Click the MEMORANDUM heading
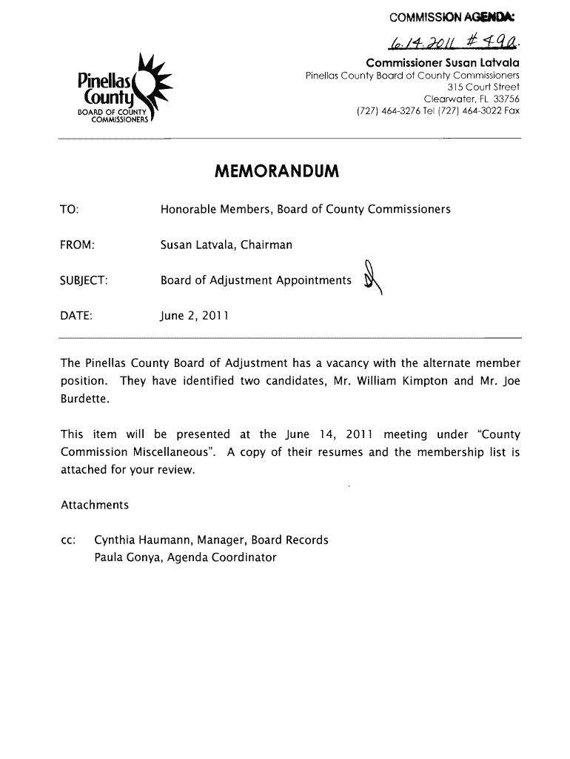(x=276, y=173)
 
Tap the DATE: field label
(x=76, y=316)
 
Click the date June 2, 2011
(x=195, y=316)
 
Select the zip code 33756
(x=504, y=99)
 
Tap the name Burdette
(x=86, y=400)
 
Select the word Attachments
(x=95, y=505)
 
